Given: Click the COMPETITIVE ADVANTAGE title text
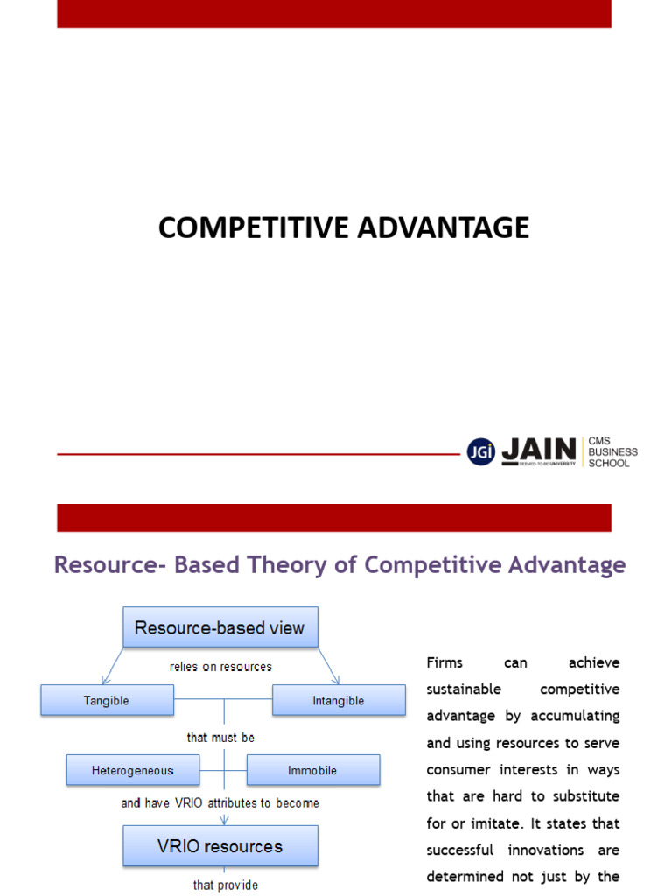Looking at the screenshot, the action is pyautogui.click(x=344, y=227).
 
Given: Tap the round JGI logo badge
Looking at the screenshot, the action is pyautogui.click(x=480, y=451).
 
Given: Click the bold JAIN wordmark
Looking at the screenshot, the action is pyautogui.click(x=539, y=451).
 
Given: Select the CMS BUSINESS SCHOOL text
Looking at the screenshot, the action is pyautogui.click(x=612, y=452).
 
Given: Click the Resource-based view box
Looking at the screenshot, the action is pyautogui.click(x=220, y=627).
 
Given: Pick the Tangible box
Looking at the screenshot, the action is pyautogui.click(x=107, y=700).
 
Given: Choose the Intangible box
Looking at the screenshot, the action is pyautogui.click(x=339, y=700).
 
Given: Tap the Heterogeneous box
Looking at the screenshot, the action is pyautogui.click(x=133, y=770).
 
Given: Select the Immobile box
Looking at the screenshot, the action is pyautogui.click(x=312, y=770).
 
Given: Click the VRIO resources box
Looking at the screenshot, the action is pyautogui.click(x=220, y=846).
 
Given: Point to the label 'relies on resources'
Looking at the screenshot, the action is pyautogui.click(x=220, y=667).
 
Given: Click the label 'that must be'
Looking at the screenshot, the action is pyautogui.click(x=220, y=738).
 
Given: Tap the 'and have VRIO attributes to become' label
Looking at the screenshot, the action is pyautogui.click(x=220, y=802).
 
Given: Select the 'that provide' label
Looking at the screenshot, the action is pyautogui.click(x=226, y=885).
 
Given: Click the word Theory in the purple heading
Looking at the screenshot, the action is pyautogui.click(x=311, y=565).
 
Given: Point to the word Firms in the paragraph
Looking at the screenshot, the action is pyautogui.click(x=444, y=662).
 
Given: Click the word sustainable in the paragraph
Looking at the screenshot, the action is pyautogui.click(x=464, y=689).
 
